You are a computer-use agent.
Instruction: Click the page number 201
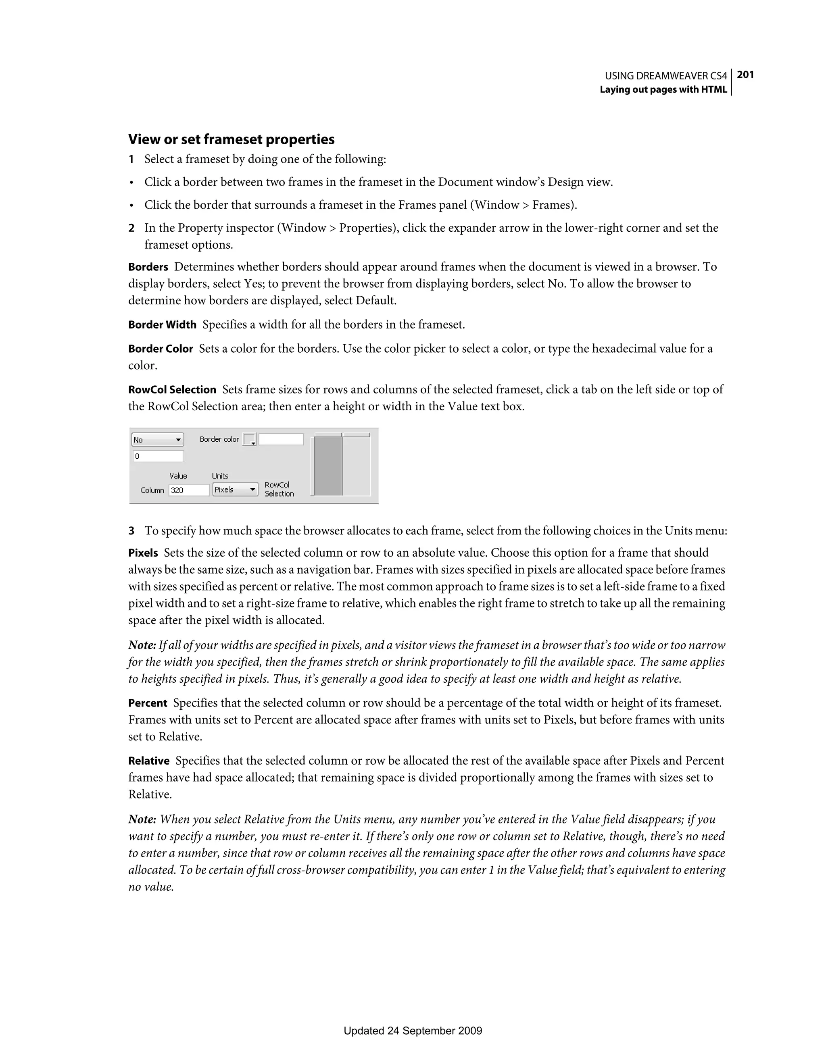click(745, 75)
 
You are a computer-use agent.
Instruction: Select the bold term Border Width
click(162, 325)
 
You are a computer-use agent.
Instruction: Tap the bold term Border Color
click(160, 349)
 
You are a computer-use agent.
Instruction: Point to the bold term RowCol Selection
click(172, 390)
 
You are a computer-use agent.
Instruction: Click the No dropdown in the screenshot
click(157, 439)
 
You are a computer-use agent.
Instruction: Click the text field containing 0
click(158, 456)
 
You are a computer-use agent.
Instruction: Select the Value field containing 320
click(189, 490)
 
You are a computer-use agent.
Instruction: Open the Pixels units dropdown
click(235, 489)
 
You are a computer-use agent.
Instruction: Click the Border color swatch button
click(249, 439)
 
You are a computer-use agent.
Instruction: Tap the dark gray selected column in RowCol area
click(327, 466)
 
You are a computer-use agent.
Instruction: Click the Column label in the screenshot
click(152, 490)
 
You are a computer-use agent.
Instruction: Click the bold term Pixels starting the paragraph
click(143, 553)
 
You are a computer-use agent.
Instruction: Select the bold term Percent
click(147, 703)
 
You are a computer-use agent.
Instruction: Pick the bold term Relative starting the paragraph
click(148, 761)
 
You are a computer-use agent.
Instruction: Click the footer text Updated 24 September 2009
click(413, 1031)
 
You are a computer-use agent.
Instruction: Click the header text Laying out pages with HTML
click(663, 89)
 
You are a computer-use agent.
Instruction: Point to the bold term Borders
click(148, 267)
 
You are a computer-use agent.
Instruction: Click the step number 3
click(131, 531)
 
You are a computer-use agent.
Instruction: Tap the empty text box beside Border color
click(281, 439)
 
